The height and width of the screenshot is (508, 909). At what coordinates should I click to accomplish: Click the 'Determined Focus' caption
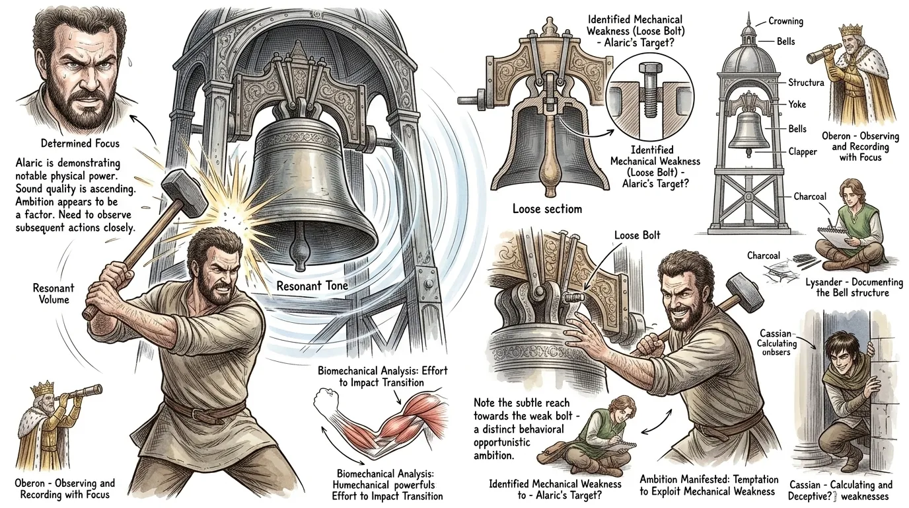(x=81, y=144)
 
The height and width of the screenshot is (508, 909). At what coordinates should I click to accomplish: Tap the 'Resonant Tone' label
(x=312, y=286)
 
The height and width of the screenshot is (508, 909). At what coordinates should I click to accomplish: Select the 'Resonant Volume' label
(x=54, y=294)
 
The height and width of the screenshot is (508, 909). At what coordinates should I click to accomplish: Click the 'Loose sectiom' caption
(x=547, y=209)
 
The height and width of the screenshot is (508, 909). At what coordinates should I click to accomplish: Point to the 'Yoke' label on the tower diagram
(x=797, y=105)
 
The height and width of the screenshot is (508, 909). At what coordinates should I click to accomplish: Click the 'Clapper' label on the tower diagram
(x=802, y=151)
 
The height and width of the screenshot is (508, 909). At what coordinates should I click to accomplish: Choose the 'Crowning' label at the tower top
(x=785, y=21)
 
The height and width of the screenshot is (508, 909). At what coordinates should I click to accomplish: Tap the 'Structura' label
(x=806, y=83)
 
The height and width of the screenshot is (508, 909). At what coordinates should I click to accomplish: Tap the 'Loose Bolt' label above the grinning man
(x=637, y=235)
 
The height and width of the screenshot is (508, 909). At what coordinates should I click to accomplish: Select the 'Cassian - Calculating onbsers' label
(x=776, y=343)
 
